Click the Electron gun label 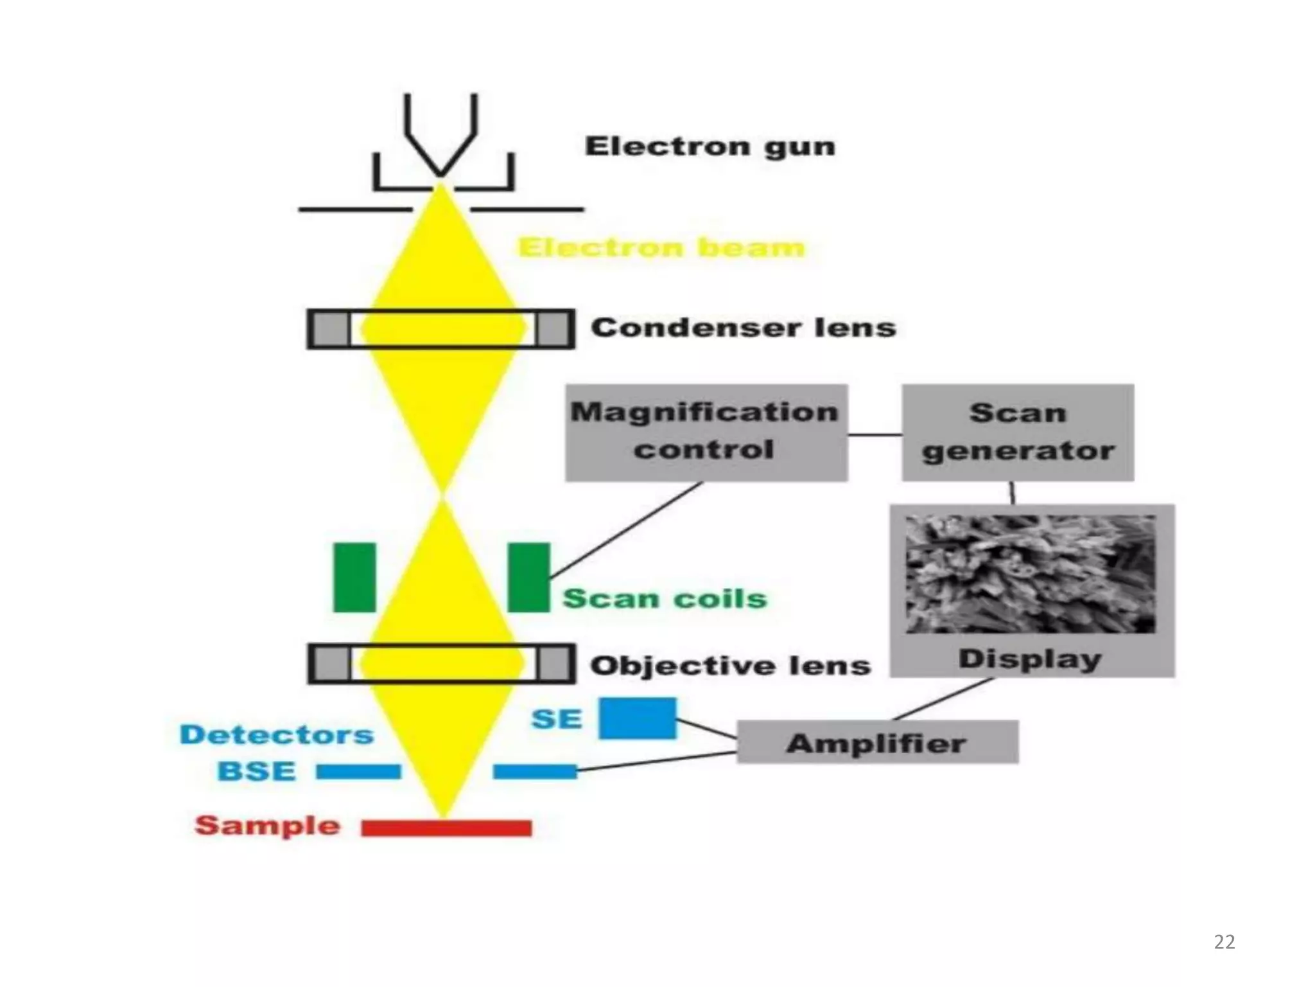coord(710,147)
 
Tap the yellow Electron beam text coord(661,247)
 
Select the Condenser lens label coord(743,328)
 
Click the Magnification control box coord(706,432)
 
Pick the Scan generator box coord(1018,432)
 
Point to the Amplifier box coord(876,743)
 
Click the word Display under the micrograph coord(1030,659)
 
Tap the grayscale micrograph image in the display coord(1030,573)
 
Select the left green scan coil coord(354,577)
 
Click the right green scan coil coord(528,577)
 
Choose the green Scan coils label coord(665,598)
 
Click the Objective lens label coord(730,666)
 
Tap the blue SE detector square coord(638,718)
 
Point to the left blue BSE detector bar coord(358,771)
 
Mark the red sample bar coord(446,828)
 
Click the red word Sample coord(267,825)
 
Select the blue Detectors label coord(276,734)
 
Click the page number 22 coord(1224,942)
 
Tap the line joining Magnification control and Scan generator coord(875,435)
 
